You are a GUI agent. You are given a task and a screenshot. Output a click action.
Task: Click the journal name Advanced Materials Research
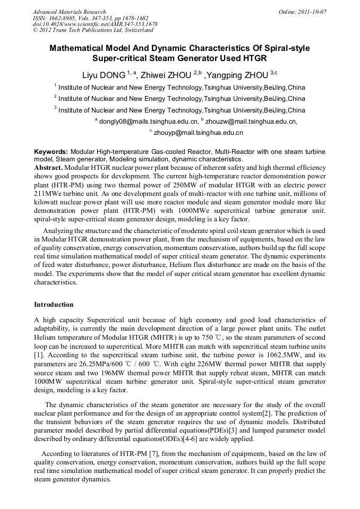point(69,12)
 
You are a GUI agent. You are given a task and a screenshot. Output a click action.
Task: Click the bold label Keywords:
point(51,152)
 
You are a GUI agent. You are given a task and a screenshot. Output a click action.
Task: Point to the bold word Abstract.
point(48,167)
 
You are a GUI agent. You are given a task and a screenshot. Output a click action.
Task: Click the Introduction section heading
point(54,305)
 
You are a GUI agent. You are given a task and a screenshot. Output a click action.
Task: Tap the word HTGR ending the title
point(252,58)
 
